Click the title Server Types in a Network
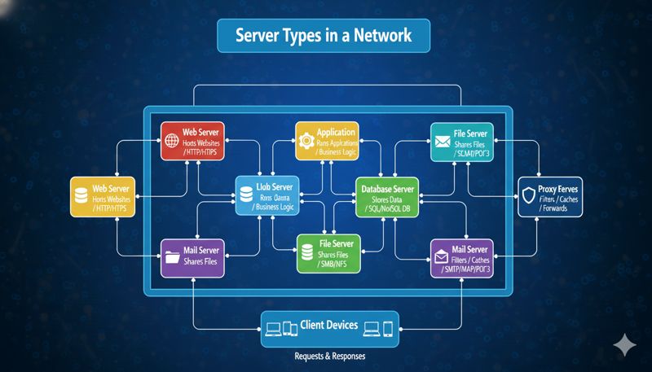(324, 36)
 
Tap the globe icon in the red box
(172, 139)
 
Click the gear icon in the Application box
(308, 140)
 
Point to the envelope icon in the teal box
(443, 141)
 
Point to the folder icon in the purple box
(172, 257)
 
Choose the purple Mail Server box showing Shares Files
(194, 256)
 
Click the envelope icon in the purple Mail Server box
(443, 256)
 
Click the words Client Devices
(329, 326)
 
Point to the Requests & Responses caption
(329, 357)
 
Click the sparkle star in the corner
(624, 344)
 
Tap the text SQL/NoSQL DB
(392, 209)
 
